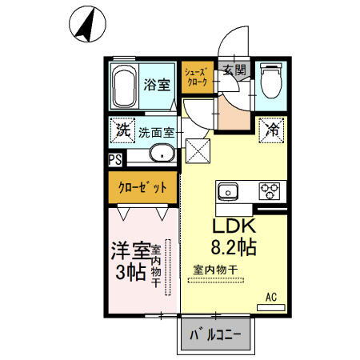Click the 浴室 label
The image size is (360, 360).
(x=156, y=85)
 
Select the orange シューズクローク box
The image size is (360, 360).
(x=196, y=77)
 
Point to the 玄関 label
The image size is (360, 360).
(x=234, y=70)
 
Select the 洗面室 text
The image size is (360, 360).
(x=156, y=133)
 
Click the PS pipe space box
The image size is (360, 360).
(x=115, y=159)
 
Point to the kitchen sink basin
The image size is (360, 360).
(x=226, y=192)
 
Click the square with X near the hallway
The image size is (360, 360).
(x=196, y=148)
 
